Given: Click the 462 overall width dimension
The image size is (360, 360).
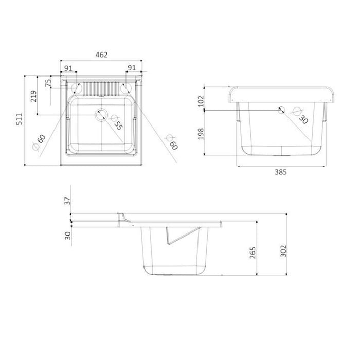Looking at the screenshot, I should pyautogui.click(x=101, y=55).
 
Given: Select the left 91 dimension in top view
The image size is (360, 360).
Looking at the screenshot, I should pyautogui.click(x=68, y=67).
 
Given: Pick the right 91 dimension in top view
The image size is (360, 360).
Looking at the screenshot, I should pyautogui.click(x=131, y=67).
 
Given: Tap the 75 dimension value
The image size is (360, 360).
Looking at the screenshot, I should pyautogui.click(x=48, y=83).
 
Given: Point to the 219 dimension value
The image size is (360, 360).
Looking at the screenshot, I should pyautogui.click(x=33, y=96).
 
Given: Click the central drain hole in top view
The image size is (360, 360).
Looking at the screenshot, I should pyautogui.click(x=101, y=114).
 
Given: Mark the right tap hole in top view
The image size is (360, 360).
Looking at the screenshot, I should pyautogui.click(x=125, y=88).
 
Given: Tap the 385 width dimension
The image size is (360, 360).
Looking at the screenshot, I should pyautogui.click(x=281, y=172).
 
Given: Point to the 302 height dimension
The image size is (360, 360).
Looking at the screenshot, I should pyautogui.click(x=284, y=250).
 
